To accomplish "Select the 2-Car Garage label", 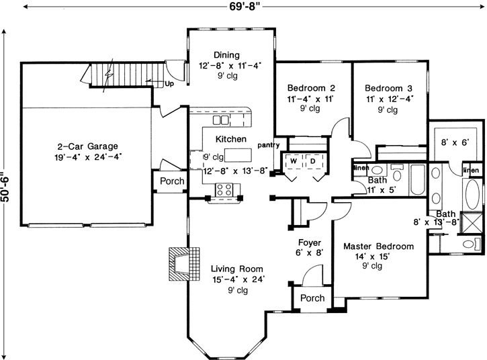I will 87,145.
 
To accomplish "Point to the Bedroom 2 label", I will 311,88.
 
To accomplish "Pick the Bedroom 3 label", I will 388,88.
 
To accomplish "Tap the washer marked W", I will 294,161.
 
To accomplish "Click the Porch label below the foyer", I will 312,298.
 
